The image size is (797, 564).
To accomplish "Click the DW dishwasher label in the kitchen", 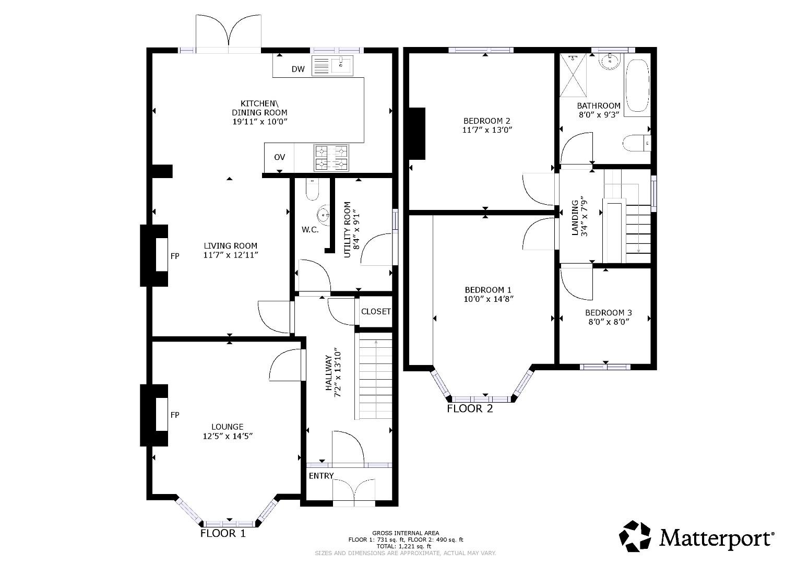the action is (x=298, y=69).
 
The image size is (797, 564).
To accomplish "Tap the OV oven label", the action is (x=280, y=157).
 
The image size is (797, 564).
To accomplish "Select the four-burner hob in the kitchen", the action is (x=331, y=158).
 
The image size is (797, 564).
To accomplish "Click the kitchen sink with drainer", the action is (x=332, y=65).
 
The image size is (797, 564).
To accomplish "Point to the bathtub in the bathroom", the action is (x=637, y=86).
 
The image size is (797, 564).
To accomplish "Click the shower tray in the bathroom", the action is (x=573, y=75).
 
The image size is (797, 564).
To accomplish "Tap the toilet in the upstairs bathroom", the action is (x=637, y=143).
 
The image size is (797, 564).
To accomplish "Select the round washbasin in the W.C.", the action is (x=324, y=215).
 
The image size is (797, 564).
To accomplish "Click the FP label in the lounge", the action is (x=175, y=415).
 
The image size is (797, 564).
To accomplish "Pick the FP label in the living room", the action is (x=175, y=256).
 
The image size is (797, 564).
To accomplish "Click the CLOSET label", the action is (x=376, y=312).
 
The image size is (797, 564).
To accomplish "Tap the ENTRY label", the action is (x=321, y=476).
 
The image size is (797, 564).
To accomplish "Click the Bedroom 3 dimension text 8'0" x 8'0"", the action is (x=609, y=322).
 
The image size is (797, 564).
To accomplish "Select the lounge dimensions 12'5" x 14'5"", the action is (x=228, y=436).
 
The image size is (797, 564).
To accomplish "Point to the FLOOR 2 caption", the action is (x=470, y=408).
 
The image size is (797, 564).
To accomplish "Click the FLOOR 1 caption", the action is (x=223, y=533).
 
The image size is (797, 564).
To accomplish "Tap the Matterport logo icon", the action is (x=635, y=536).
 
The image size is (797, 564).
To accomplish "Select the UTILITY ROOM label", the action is (x=348, y=230).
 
